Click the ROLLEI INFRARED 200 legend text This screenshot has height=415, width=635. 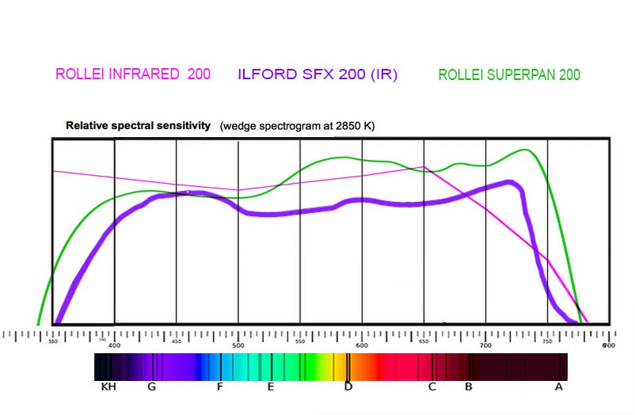[x=133, y=74]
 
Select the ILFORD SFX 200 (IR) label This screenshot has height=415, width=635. [x=317, y=74]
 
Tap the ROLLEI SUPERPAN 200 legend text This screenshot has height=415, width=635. [x=509, y=75]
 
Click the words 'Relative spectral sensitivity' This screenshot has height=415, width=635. [x=138, y=125]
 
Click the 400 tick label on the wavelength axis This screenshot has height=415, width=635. [x=115, y=345]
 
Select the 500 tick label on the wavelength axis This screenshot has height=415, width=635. [x=238, y=345]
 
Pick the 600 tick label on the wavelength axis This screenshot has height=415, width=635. [x=363, y=345]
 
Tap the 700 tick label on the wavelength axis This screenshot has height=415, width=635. [x=486, y=345]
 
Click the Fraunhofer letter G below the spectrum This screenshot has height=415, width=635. [x=151, y=387]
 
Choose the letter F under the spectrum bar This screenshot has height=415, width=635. [x=220, y=387]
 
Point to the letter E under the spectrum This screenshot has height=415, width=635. [x=271, y=387]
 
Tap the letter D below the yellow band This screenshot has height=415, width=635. [x=348, y=387]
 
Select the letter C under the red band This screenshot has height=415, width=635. [x=432, y=387]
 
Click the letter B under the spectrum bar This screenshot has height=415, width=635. [x=469, y=387]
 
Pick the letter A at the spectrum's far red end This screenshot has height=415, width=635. [x=559, y=387]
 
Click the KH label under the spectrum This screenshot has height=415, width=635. [x=108, y=387]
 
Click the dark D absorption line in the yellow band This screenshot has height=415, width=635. [x=348, y=366]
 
